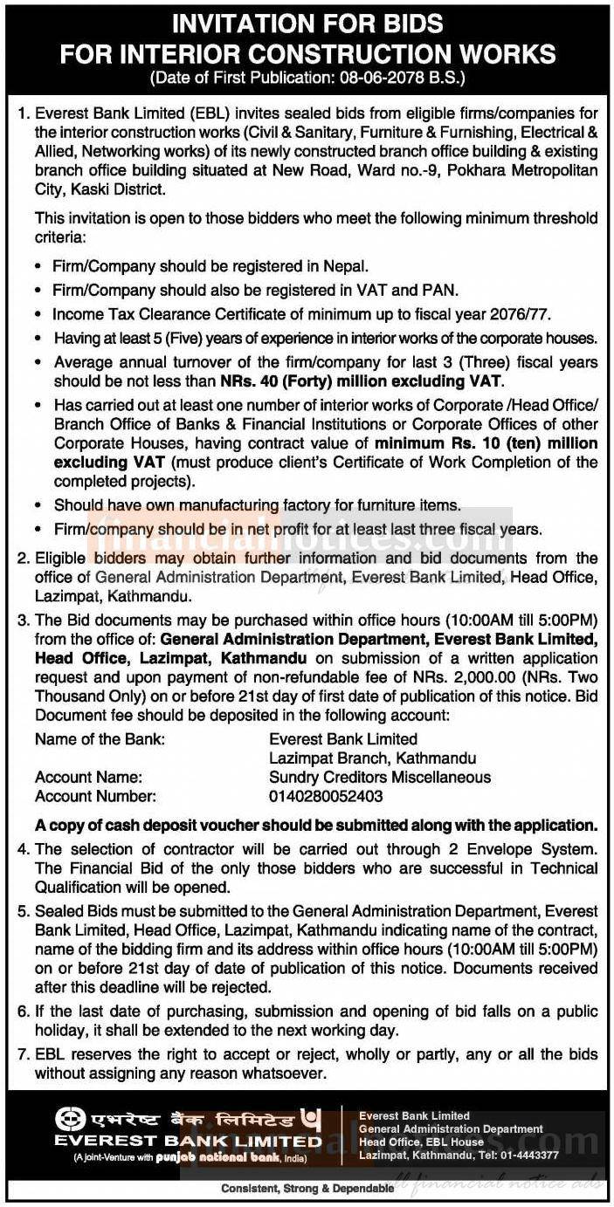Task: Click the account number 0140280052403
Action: click(x=326, y=796)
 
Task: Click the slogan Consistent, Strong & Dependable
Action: click(x=306, y=1188)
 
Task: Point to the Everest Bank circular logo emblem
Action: click(x=70, y=1119)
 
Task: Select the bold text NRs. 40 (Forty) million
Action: click(x=332, y=381)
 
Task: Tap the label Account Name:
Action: click(x=88, y=777)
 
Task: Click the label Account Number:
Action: click(x=95, y=796)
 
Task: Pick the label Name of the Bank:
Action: click(x=100, y=739)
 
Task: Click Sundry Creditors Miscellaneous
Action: click(x=380, y=777)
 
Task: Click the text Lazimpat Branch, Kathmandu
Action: click(x=372, y=758)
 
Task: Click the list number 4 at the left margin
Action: click(x=23, y=848)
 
